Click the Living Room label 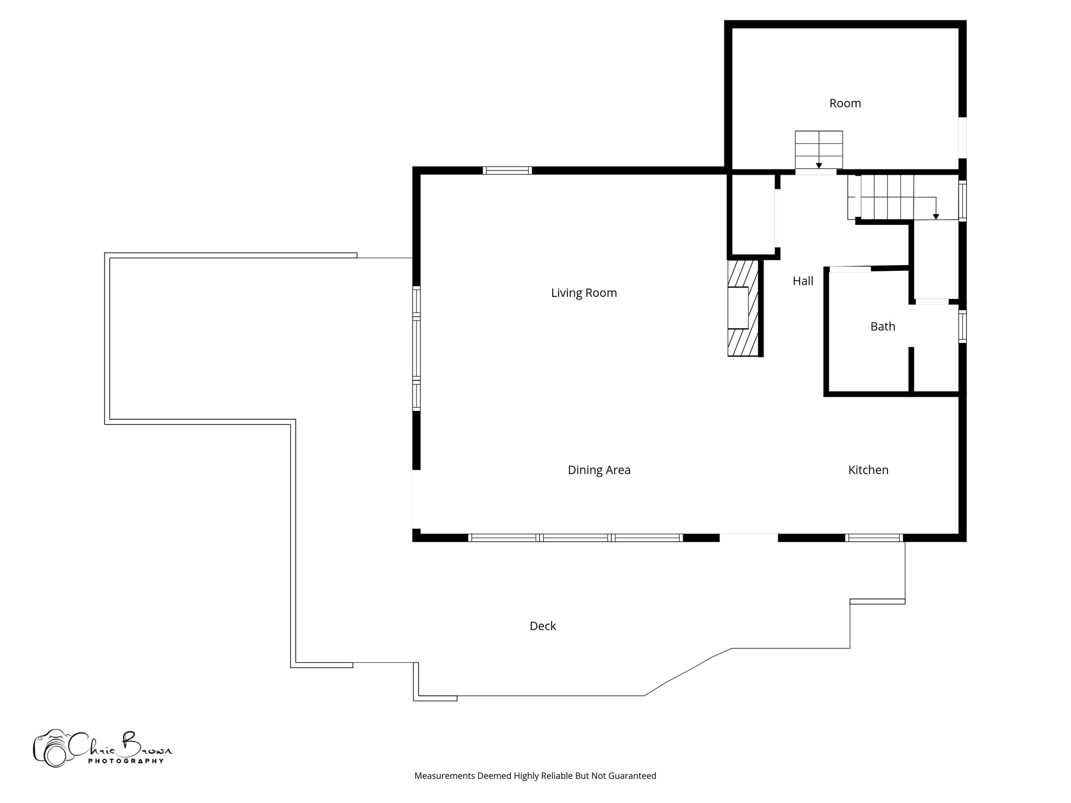pyautogui.click(x=584, y=293)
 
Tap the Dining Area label pyautogui.click(x=599, y=470)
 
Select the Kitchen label pyautogui.click(x=868, y=470)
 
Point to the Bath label pyautogui.click(x=882, y=327)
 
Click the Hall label pyautogui.click(x=803, y=281)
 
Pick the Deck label pyautogui.click(x=542, y=626)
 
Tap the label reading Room pyautogui.click(x=845, y=104)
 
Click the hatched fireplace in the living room pyautogui.click(x=743, y=308)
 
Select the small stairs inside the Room pyautogui.click(x=818, y=149)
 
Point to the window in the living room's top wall pyautogui.click(x=507, y=170)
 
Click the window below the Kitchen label pyautogui.click(x=874, y=537)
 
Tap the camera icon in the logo pyautogui.click(x=51, y=749)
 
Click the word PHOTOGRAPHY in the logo pyautogui.click(x=126, y=761)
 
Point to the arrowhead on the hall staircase pyautogui.click(x=936, y=216)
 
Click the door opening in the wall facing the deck pyautogui.click(x=748, y=537)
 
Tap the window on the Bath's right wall pyautogui.click(x=962, y=327)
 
